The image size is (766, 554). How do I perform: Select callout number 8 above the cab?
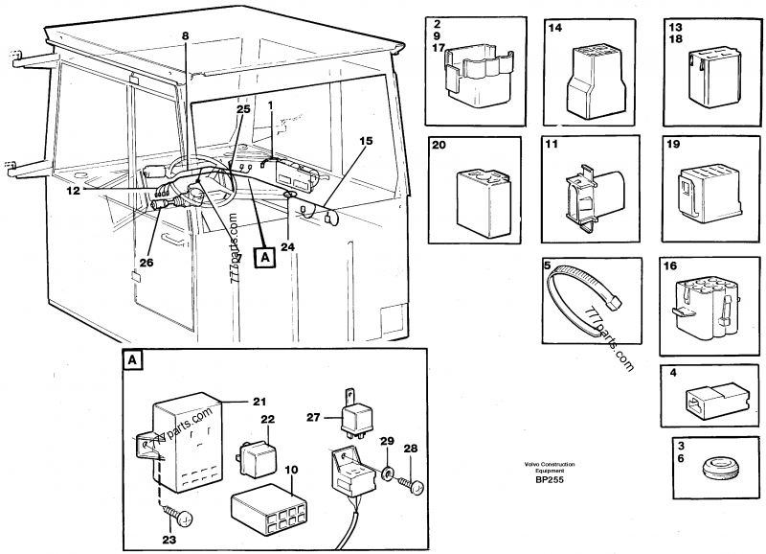point(186,35)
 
